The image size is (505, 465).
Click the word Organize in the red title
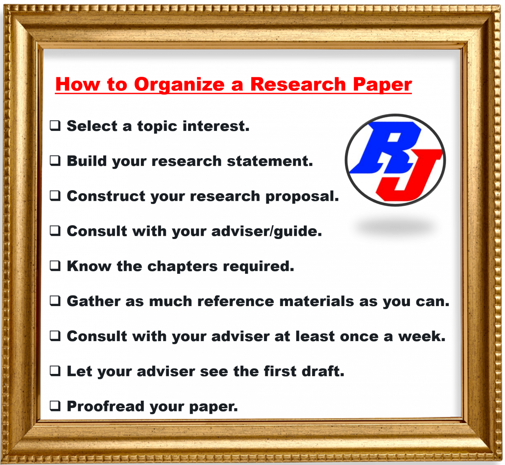point(179,85)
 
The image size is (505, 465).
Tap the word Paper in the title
point(382,84)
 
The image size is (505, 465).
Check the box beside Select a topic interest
point(55,126)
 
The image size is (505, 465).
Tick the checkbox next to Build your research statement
point(55,161)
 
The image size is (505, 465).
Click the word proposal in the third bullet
point(302,197)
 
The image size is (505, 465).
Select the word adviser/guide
point(267,232)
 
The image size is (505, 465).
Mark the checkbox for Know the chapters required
point(55,266)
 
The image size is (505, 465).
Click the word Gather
point(94,301)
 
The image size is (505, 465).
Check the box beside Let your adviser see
point(55,371)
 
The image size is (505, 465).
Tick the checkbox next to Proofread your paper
point(55,406)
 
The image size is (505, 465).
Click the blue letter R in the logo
point(385,148)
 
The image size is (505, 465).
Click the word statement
point(270,162)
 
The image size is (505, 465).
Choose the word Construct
point(106,196)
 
